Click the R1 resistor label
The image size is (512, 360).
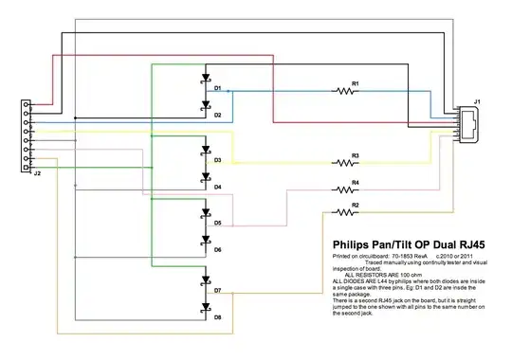click(356, 84)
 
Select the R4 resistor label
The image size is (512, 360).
click(356, 182)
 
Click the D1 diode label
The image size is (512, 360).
click(217, 88)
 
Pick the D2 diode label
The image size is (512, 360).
click(217, 116)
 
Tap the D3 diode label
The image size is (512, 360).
click(217, 161)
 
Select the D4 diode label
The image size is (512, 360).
click(217, 187)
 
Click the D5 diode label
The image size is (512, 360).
click(217, 224)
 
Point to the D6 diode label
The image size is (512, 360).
click(217, 250)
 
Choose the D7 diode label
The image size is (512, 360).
click(217, 291)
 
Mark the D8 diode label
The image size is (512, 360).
click(217, 317)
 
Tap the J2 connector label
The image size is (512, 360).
click(36, 174)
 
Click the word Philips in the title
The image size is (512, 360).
click(355, 243)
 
